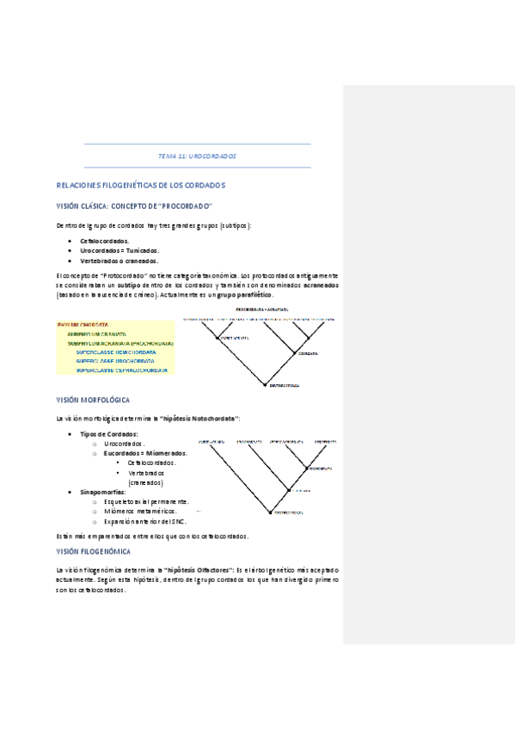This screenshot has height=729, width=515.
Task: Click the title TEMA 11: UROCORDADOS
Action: click(197, 156)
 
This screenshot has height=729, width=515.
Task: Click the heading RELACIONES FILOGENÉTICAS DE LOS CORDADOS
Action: click(140, 186)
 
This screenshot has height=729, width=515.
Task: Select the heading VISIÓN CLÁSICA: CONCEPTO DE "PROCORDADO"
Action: click(134, 206)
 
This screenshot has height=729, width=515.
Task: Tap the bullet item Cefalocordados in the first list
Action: click(105, 242)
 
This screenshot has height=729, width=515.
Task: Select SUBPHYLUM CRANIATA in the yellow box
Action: click(96, 334)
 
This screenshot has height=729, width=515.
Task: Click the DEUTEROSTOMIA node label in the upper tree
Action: click(285, 386)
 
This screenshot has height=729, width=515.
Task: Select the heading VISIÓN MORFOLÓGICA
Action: click(93, 401)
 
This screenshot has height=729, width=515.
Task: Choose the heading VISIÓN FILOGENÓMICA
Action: click(94, 550)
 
